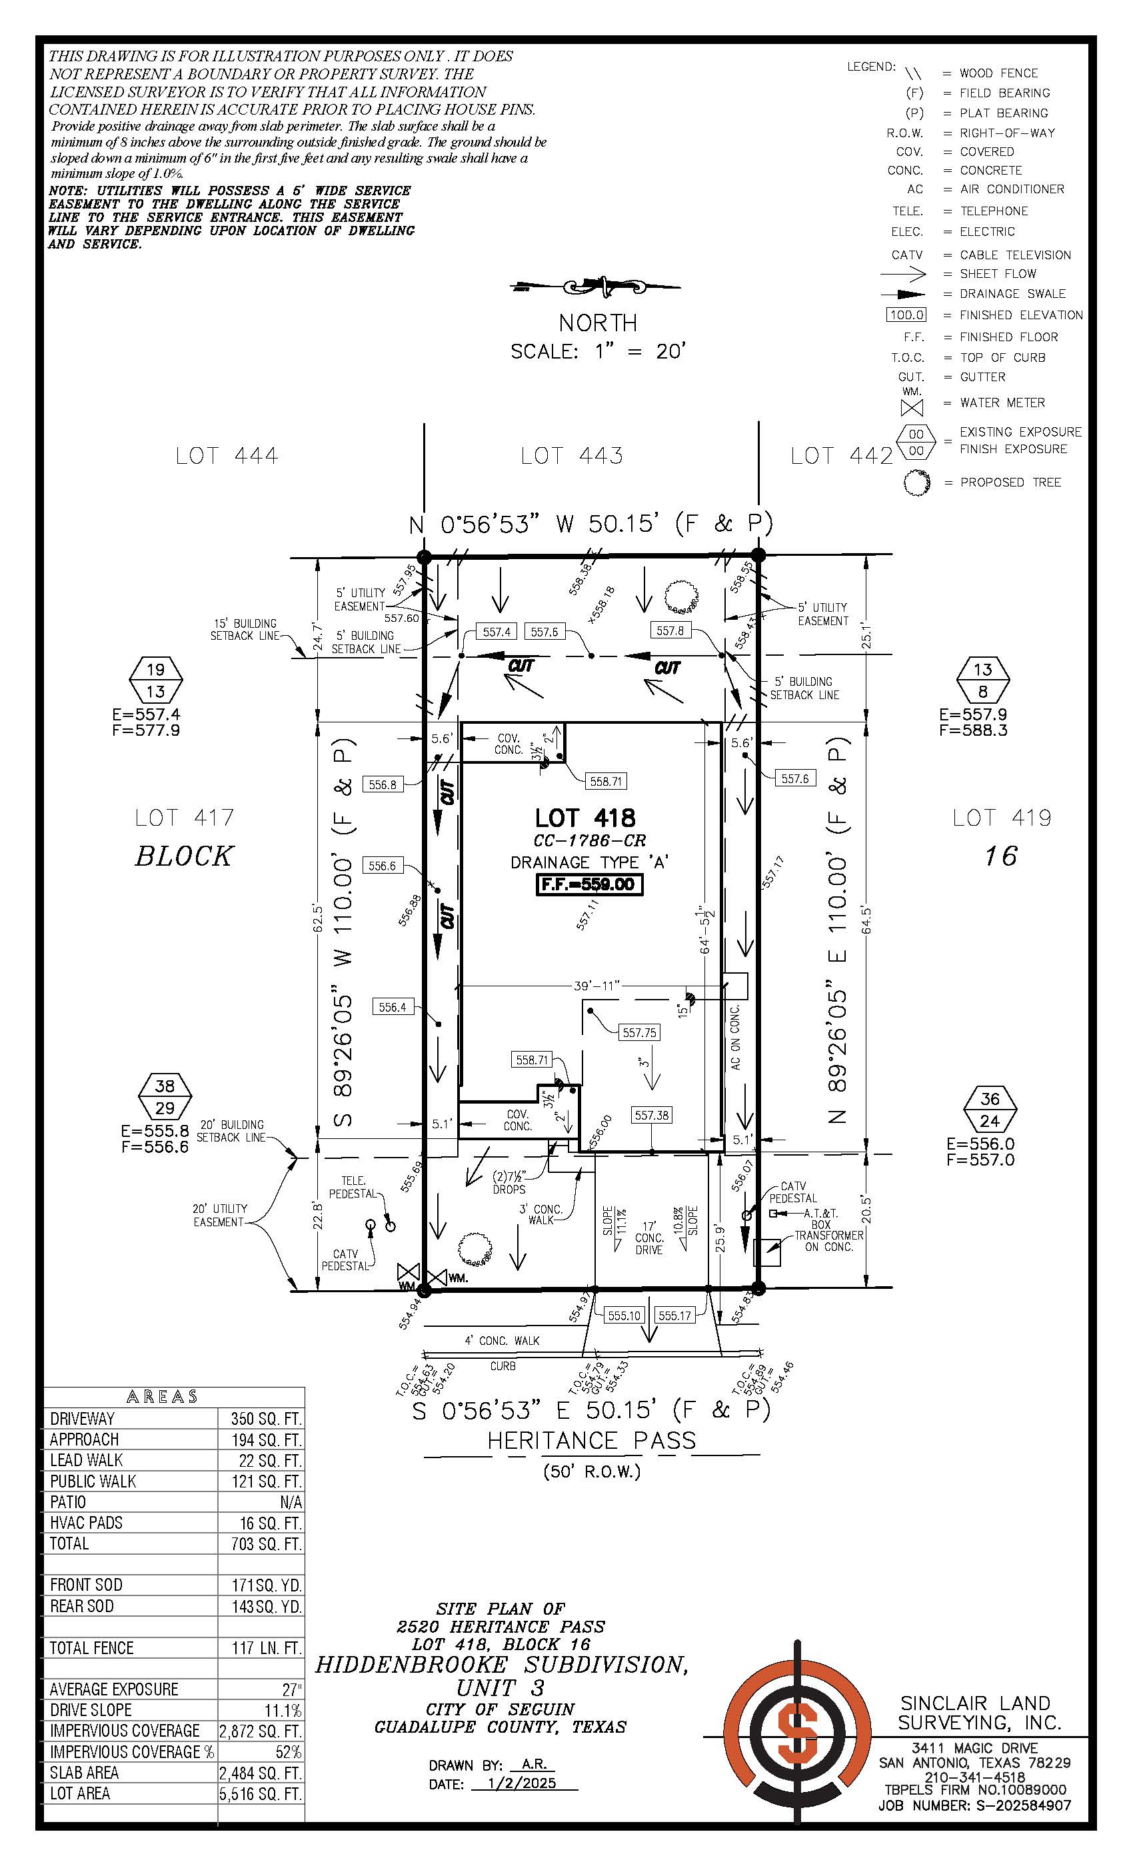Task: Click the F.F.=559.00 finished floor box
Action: [589, 884]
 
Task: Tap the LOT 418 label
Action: [584, 818]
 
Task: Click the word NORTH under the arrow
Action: [598, 323]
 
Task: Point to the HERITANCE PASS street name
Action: [590, 1439]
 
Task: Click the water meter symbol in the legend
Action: [912, 407]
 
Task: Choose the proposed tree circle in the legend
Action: [916, 482]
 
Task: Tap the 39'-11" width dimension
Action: [596, 985]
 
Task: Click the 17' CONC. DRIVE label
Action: [649, 1238]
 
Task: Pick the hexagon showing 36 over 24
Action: [989, 1110]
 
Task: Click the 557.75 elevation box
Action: [639, 1032]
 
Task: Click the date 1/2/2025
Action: [522, 1783]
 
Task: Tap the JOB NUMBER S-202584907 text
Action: [974, 1805]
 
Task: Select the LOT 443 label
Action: [572, 456]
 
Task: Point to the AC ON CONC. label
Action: [734, 1037]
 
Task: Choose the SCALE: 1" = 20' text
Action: [598, 351]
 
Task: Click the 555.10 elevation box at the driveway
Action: [624, 1316]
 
